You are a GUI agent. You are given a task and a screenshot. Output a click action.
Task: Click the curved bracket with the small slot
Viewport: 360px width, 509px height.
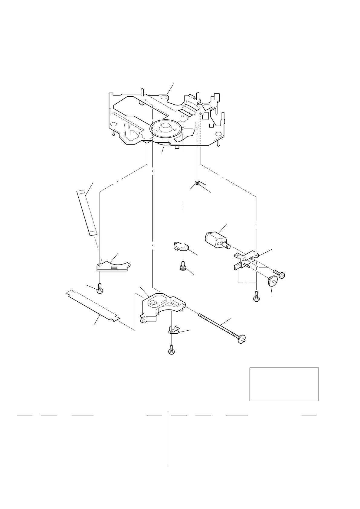(113, 266)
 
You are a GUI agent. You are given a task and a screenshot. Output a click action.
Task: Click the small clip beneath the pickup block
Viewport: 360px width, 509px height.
(174, 330)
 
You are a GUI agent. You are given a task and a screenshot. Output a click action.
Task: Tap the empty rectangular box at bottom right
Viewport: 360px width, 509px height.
(284, 384)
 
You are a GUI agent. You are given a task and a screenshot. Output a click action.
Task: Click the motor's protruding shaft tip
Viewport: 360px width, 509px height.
(227, 246)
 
